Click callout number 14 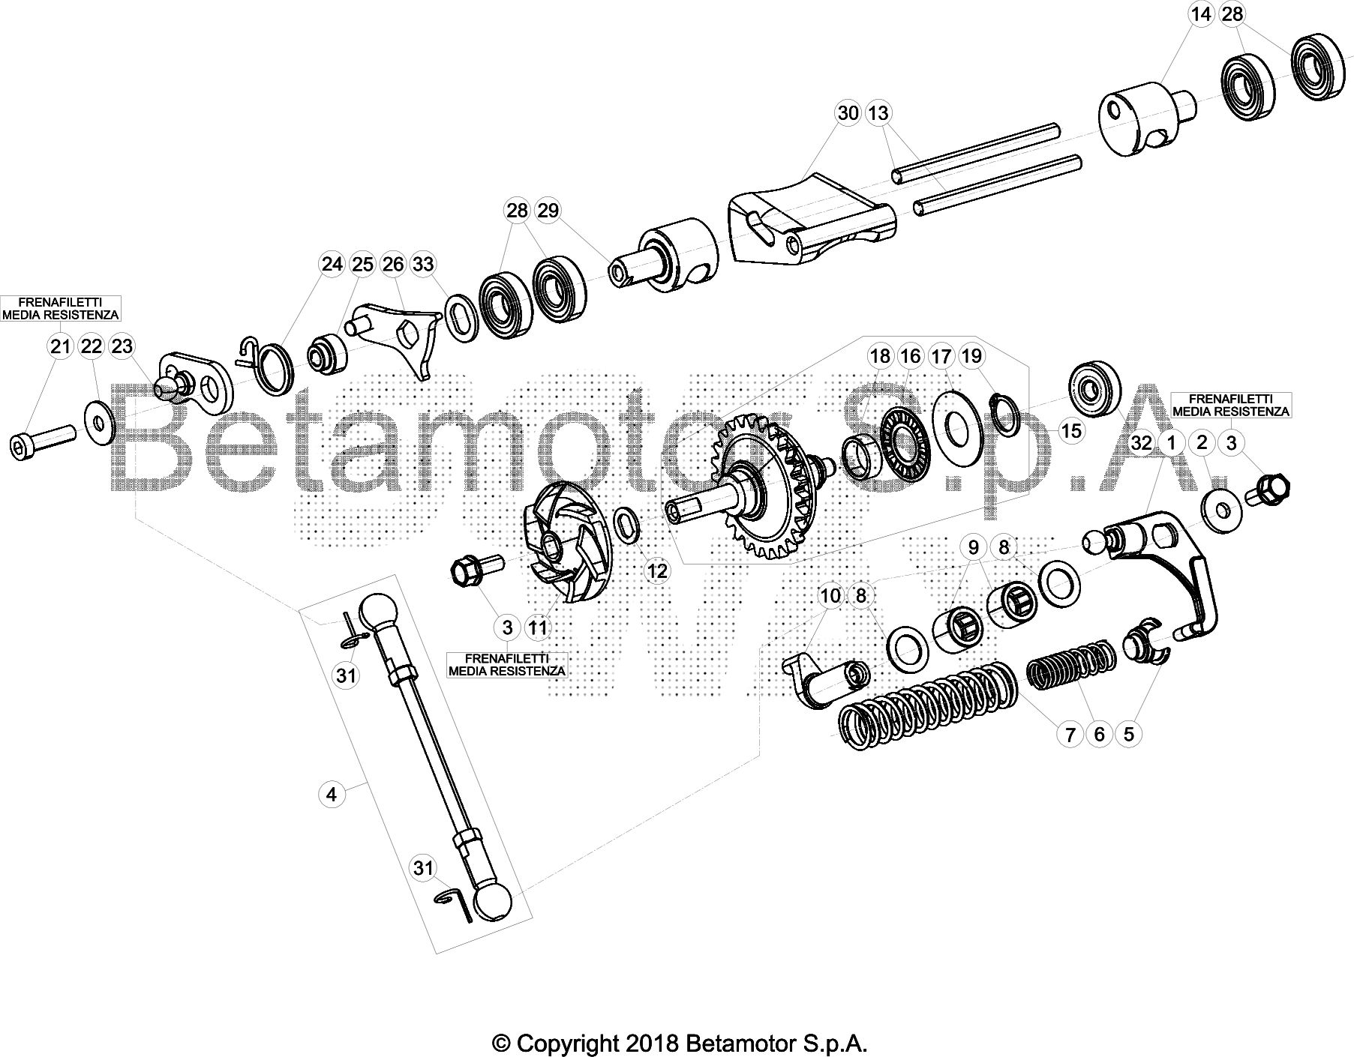(x=1201, y=14)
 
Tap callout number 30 (x=848, y=113)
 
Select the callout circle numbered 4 (x=332, y=794)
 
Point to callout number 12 (x=657, y=572)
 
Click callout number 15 (x=1071, y=431)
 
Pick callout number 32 (x=1141, y=443)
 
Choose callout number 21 (x=61, y=346)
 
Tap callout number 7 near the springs (x=1070, y=734)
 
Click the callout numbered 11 (x=538, y=627)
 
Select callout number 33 (x=424, y=264)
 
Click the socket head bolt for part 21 (x=43, y=439)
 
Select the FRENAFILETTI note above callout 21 (x=61, y=308)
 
